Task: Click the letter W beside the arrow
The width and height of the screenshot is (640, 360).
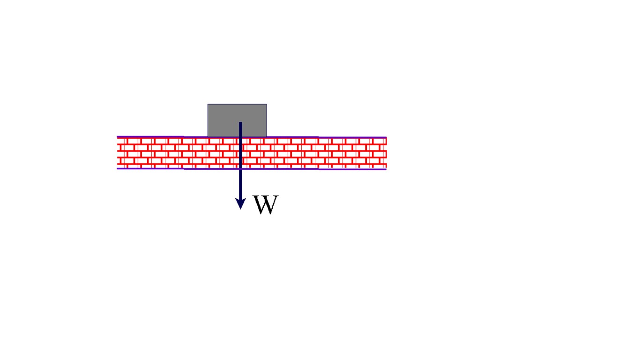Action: pyautogui.click(x=265, y=205)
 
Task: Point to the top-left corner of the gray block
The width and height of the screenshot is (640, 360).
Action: pyautogui.click(x=208, y=105)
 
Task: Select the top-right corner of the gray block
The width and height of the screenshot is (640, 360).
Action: pyautogui.click(x=267, y=105)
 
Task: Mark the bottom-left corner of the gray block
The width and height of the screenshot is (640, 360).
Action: pyautogui.click(x=208, y=136)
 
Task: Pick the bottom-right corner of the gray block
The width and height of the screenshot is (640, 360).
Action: pyautogui.click(x=267, y=136)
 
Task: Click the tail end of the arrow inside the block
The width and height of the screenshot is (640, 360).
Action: pyautogui.click(x=240, y=123)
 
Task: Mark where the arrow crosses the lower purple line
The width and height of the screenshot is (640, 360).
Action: pyautogui.click(x=240, y=168)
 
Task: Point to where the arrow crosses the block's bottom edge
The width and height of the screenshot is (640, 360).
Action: pyautogui.click(x=240, y=137)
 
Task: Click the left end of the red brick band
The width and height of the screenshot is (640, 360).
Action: pyautogui.click(x=118, y=152)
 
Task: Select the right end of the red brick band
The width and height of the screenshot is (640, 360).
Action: pyautogui.click(x=386, y=153)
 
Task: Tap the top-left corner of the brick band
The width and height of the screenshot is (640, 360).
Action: pyautogui.click(x=117, y=137)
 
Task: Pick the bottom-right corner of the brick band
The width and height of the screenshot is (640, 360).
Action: pyautogui.click(x=386, y=169)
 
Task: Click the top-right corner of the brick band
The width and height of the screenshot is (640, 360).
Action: pyautogui.click(x=386, y=137)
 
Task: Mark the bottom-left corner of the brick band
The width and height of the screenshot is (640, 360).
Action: pyautogui.click(x=117, y=168)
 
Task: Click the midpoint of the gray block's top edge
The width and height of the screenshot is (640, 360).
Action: pyautogui.click(x=237, y=105)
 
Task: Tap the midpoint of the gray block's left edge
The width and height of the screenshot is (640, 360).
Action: pyautogui.click(x=208, y=120)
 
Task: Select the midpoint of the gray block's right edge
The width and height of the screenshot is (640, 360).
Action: pyautogui.click(x=267, y=120)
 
